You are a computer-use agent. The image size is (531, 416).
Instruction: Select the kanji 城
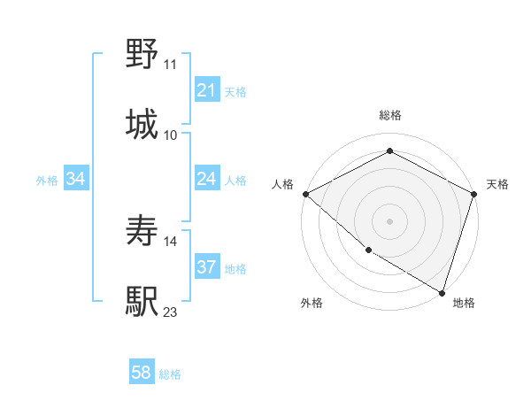click(x=142, y=124)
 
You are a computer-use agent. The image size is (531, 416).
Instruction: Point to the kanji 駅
click(x=142, y=301)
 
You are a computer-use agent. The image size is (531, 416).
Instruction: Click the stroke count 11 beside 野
click(x=170, y=65)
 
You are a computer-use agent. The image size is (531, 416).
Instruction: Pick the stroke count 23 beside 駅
click(x=171, y=312)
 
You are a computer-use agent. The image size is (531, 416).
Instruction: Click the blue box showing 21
click(x=206, y=90)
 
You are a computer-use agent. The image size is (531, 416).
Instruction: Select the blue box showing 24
click(x=206, y=180)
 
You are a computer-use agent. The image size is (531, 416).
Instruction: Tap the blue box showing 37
click(x=206, y=267)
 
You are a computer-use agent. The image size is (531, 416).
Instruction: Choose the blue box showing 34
click(x=76, y=180)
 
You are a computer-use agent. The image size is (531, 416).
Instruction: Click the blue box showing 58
click(x=142, y=374)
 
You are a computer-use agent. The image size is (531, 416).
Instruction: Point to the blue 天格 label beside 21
click(x=235, y=91)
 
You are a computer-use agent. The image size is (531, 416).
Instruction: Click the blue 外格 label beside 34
click(x=47, y=181)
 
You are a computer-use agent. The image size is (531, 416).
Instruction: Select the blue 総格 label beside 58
click(x=170, y=374)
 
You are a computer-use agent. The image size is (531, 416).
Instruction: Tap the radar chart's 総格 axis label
click(x=389, y=115)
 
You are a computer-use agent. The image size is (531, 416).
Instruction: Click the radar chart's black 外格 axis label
click(x=312, y=303)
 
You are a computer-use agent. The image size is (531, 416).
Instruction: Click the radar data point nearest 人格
click(x=305, y=194)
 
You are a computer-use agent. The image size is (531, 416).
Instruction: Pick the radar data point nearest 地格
click(x=442, y=292)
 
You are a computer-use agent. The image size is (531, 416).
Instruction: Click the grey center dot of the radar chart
click(x=389, y=220)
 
